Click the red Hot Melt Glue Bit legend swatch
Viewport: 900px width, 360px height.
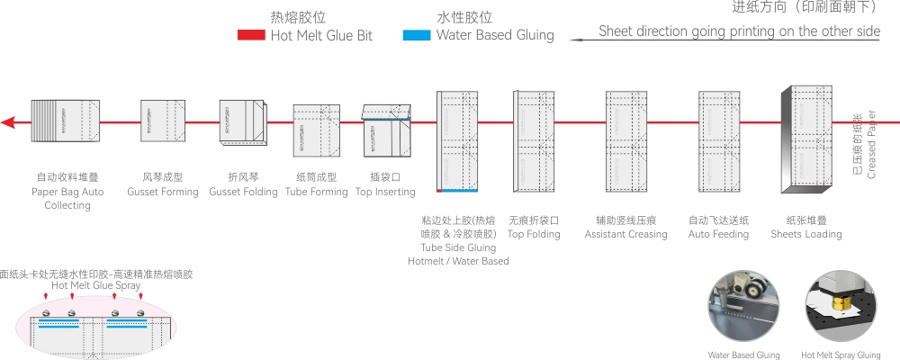point(250,36)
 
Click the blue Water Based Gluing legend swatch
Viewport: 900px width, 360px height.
point(416,36)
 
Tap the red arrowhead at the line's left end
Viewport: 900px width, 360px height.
point(7,121)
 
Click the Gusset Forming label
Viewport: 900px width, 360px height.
point(163,192)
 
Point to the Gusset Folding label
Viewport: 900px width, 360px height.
point(243,192)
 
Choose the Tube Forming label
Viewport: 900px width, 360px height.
point(316,192)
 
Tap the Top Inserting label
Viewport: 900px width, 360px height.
point(385,192)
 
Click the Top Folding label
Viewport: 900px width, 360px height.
point(534,234)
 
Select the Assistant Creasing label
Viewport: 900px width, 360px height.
point(625,234)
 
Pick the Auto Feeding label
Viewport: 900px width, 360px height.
point(718,234)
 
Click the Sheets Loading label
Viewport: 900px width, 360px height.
point(806,234)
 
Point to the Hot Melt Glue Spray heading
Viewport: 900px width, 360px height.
point(95,285)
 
